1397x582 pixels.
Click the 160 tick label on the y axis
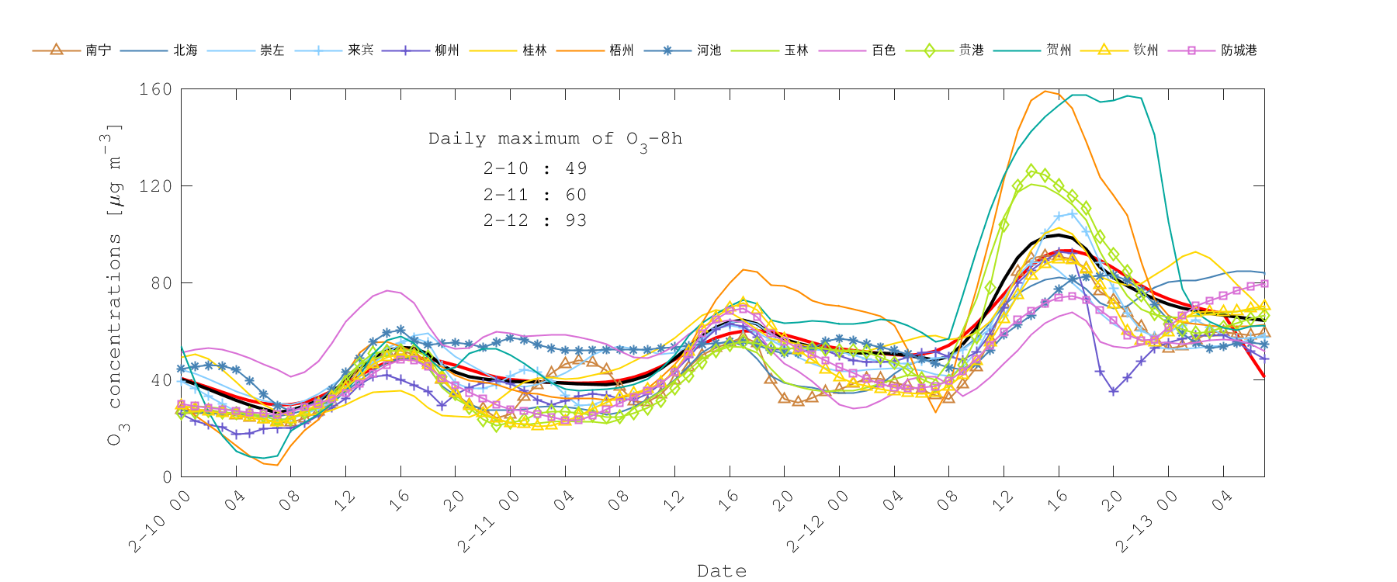[155, 89]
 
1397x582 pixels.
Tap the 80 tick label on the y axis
[161, 283]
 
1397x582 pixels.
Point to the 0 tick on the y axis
[167, 477]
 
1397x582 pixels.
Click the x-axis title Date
[722, 571]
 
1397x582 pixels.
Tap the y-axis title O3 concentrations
[115, 283]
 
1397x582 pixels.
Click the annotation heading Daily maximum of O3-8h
[555, 139]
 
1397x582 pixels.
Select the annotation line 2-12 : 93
[535, 220]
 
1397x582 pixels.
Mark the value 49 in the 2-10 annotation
[576, 168]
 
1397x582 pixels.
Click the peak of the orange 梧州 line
[1045, 91]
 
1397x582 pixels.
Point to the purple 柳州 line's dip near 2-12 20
[1114, 391]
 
